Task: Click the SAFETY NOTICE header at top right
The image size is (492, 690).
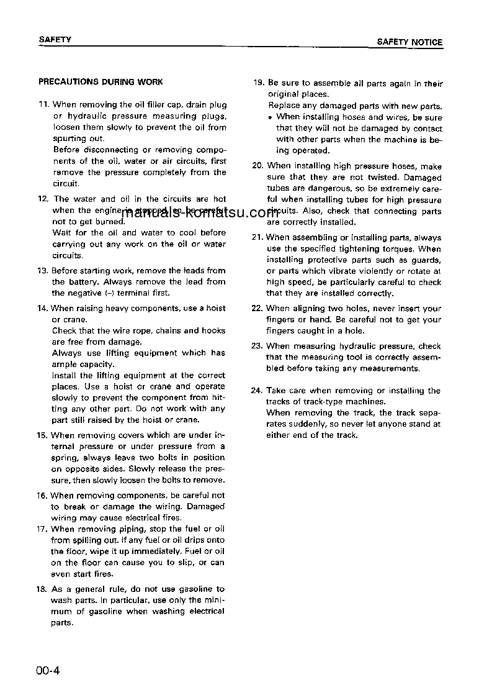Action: click(x=409, y=42)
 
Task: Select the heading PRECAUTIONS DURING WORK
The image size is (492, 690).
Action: click(x=101, y=81)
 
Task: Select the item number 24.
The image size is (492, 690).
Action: click(x=257, y=391)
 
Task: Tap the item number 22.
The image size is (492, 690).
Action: click(x=257, y=308)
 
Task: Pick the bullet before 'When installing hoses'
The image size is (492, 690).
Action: click(x=271, y=117)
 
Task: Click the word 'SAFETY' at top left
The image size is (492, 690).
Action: click(x=55, y=39)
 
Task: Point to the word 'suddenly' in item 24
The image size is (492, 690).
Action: click(x=311, y=424)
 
